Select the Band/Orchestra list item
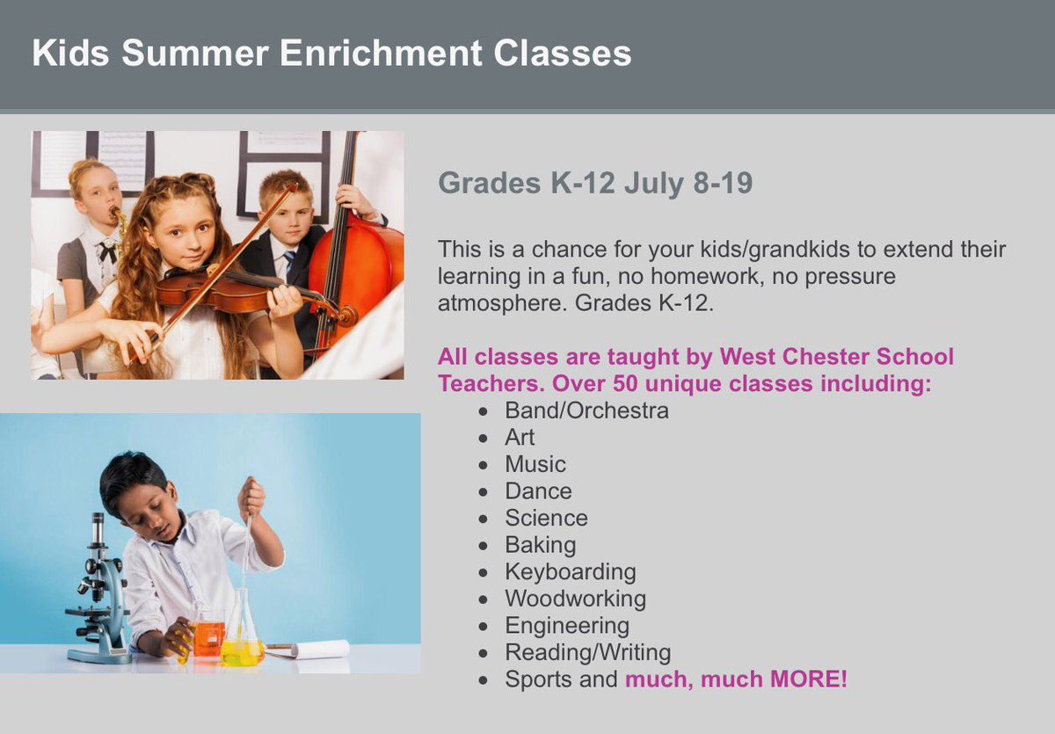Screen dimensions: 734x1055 [586, 411]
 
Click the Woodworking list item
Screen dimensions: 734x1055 [575, 599]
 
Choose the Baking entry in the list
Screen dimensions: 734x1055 [540, 545]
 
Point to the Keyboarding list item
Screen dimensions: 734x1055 [570, 572]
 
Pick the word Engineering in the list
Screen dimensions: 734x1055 [567, 626]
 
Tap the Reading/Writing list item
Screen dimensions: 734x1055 [587, 652]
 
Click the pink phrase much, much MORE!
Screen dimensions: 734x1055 [736, 679]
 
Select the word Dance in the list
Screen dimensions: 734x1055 [538, 491]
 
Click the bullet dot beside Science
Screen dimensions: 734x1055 [483, 520]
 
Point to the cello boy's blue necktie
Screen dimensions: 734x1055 [289, 264]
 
